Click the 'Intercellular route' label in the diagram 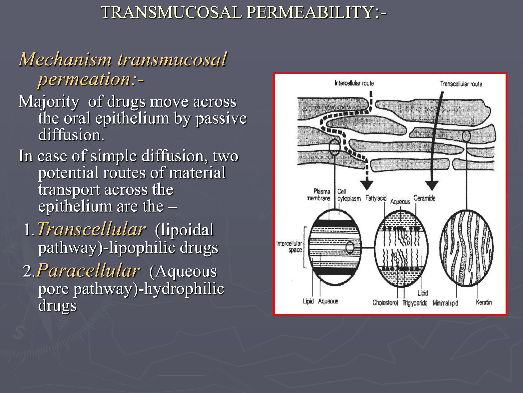354,83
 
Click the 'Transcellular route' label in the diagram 461,84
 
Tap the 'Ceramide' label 424,198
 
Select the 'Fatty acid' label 376,198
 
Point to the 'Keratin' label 484,302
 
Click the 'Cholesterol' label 385,303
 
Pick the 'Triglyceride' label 415,303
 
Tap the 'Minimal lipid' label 445,303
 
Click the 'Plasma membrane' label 318,195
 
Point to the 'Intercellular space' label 289,247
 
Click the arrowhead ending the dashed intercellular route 367,185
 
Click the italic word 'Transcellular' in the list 91,229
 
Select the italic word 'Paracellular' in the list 88,271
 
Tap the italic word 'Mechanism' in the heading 65,59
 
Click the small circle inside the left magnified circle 350,247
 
